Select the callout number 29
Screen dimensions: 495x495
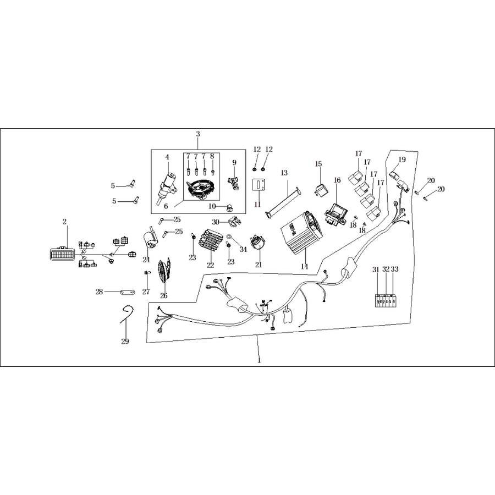pyautogui.click(x=125, y=341)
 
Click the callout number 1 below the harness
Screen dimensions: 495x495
pyautogui.click(x=260, y=360)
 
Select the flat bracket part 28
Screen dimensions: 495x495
pyautogui.click(x=128, y=292)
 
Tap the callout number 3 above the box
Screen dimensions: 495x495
pyautogui.click(x=198, y=134)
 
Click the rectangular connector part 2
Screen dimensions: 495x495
pyautogui.click(x=62, y=254)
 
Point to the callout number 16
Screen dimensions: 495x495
pyautogui.click(x=337, y=180)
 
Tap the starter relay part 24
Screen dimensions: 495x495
pyautogui.click(x=151, y=240)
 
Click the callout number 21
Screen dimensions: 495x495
pyautogui.click(x=258, y=265)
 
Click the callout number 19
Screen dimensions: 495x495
pyautogui.click(x=402, y=159)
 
